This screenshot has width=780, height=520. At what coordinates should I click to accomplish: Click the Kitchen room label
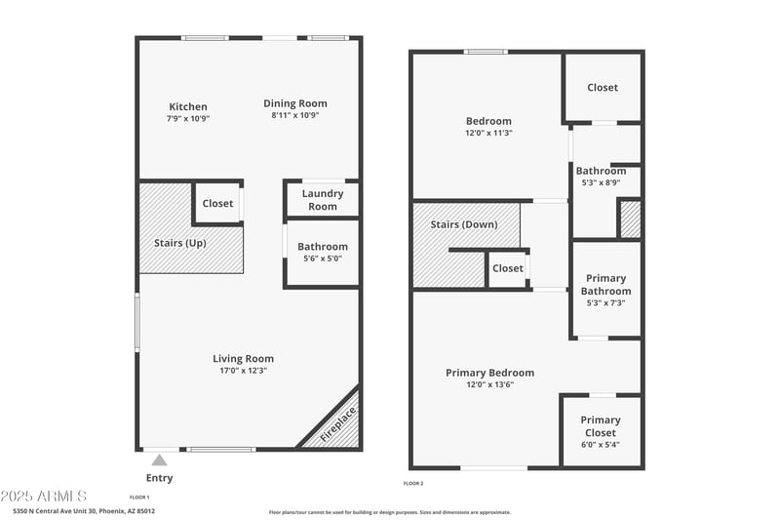188,106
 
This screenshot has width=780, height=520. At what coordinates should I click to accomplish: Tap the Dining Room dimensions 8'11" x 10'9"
295,116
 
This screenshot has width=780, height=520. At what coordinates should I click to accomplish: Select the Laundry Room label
323,200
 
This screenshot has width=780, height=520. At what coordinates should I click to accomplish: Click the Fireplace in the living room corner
337,426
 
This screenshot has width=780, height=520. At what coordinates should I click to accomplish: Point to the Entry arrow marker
159,458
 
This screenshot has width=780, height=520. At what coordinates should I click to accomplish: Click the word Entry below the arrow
159,477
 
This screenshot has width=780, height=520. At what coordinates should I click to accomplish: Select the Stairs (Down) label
464,224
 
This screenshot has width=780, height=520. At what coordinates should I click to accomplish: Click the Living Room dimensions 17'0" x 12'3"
243,371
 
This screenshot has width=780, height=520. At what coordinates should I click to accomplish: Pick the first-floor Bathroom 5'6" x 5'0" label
323,253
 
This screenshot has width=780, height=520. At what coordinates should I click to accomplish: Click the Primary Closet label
601,426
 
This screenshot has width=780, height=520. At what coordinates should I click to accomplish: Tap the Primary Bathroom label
605,285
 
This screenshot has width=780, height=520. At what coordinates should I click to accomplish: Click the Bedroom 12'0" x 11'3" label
488,127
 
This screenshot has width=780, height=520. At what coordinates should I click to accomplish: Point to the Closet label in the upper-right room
603,88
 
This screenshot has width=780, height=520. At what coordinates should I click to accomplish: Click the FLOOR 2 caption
413,483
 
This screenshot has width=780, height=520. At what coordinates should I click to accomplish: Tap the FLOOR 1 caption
139,497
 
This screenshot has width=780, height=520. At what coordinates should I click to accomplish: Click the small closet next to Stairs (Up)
217,204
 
